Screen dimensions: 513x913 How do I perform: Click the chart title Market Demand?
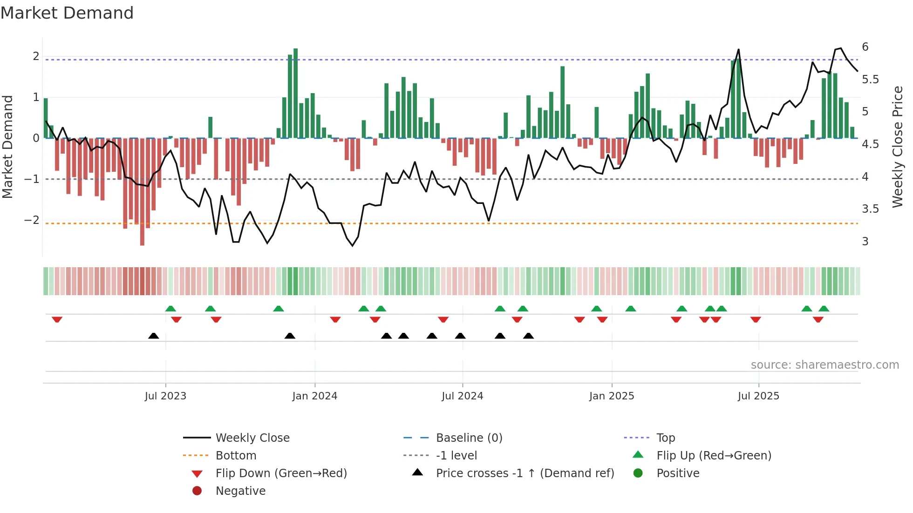click(67, 13)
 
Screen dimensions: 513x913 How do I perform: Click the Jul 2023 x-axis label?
click(165, 396)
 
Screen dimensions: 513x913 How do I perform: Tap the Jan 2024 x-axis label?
click(314, 396)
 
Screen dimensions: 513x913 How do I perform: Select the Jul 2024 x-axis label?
click(462, 396)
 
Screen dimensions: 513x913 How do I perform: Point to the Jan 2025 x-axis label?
click(611, 396)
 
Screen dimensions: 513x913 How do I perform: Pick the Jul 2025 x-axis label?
click(758, 396)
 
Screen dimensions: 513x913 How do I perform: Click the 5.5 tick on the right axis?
click(870, 80)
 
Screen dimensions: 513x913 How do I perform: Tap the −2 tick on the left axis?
click(32, 220)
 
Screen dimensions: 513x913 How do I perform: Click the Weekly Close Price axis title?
click(898, 147)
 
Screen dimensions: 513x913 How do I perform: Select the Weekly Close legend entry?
click(252, 438)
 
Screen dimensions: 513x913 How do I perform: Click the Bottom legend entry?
click(236, 456)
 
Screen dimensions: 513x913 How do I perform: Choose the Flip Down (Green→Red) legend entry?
click(281, 473)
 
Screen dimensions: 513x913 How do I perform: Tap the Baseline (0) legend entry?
click(469, 438)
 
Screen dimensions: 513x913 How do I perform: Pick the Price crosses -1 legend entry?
click(525, 473)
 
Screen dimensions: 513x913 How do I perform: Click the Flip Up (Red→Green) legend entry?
click(714, 456)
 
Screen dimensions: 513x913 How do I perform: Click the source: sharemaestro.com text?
click(824, 365)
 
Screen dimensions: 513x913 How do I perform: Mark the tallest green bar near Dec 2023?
click(295, 93)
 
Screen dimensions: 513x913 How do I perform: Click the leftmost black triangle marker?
click(153, 336)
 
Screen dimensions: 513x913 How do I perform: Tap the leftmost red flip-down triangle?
click(57, 319)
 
